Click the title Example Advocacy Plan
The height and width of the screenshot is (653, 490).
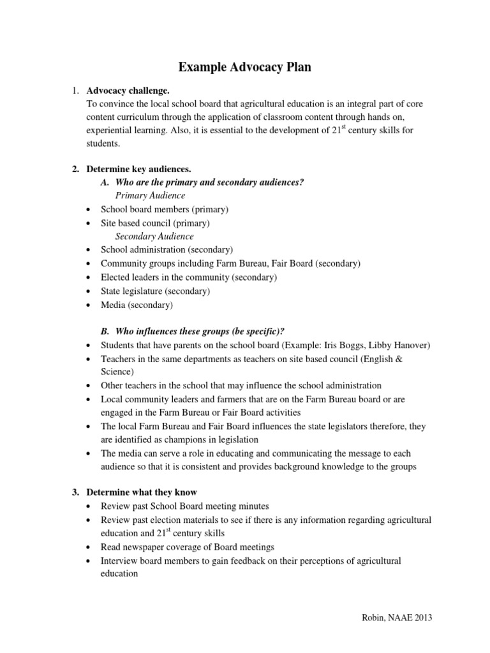pos(245,67)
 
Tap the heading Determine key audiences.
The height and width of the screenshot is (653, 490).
pos(138,169)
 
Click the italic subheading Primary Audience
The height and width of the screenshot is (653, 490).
pos(151,196)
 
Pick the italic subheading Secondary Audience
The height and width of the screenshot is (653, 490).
pos(154,236)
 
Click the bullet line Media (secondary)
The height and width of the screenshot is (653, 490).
pos(137,305)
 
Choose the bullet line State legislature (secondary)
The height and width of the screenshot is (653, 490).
pos(155,291)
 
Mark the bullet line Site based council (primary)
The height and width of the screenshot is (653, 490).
pos(155,223)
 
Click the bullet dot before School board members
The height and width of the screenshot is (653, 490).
pos(88,210)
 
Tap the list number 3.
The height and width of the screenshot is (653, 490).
pos(75,492)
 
